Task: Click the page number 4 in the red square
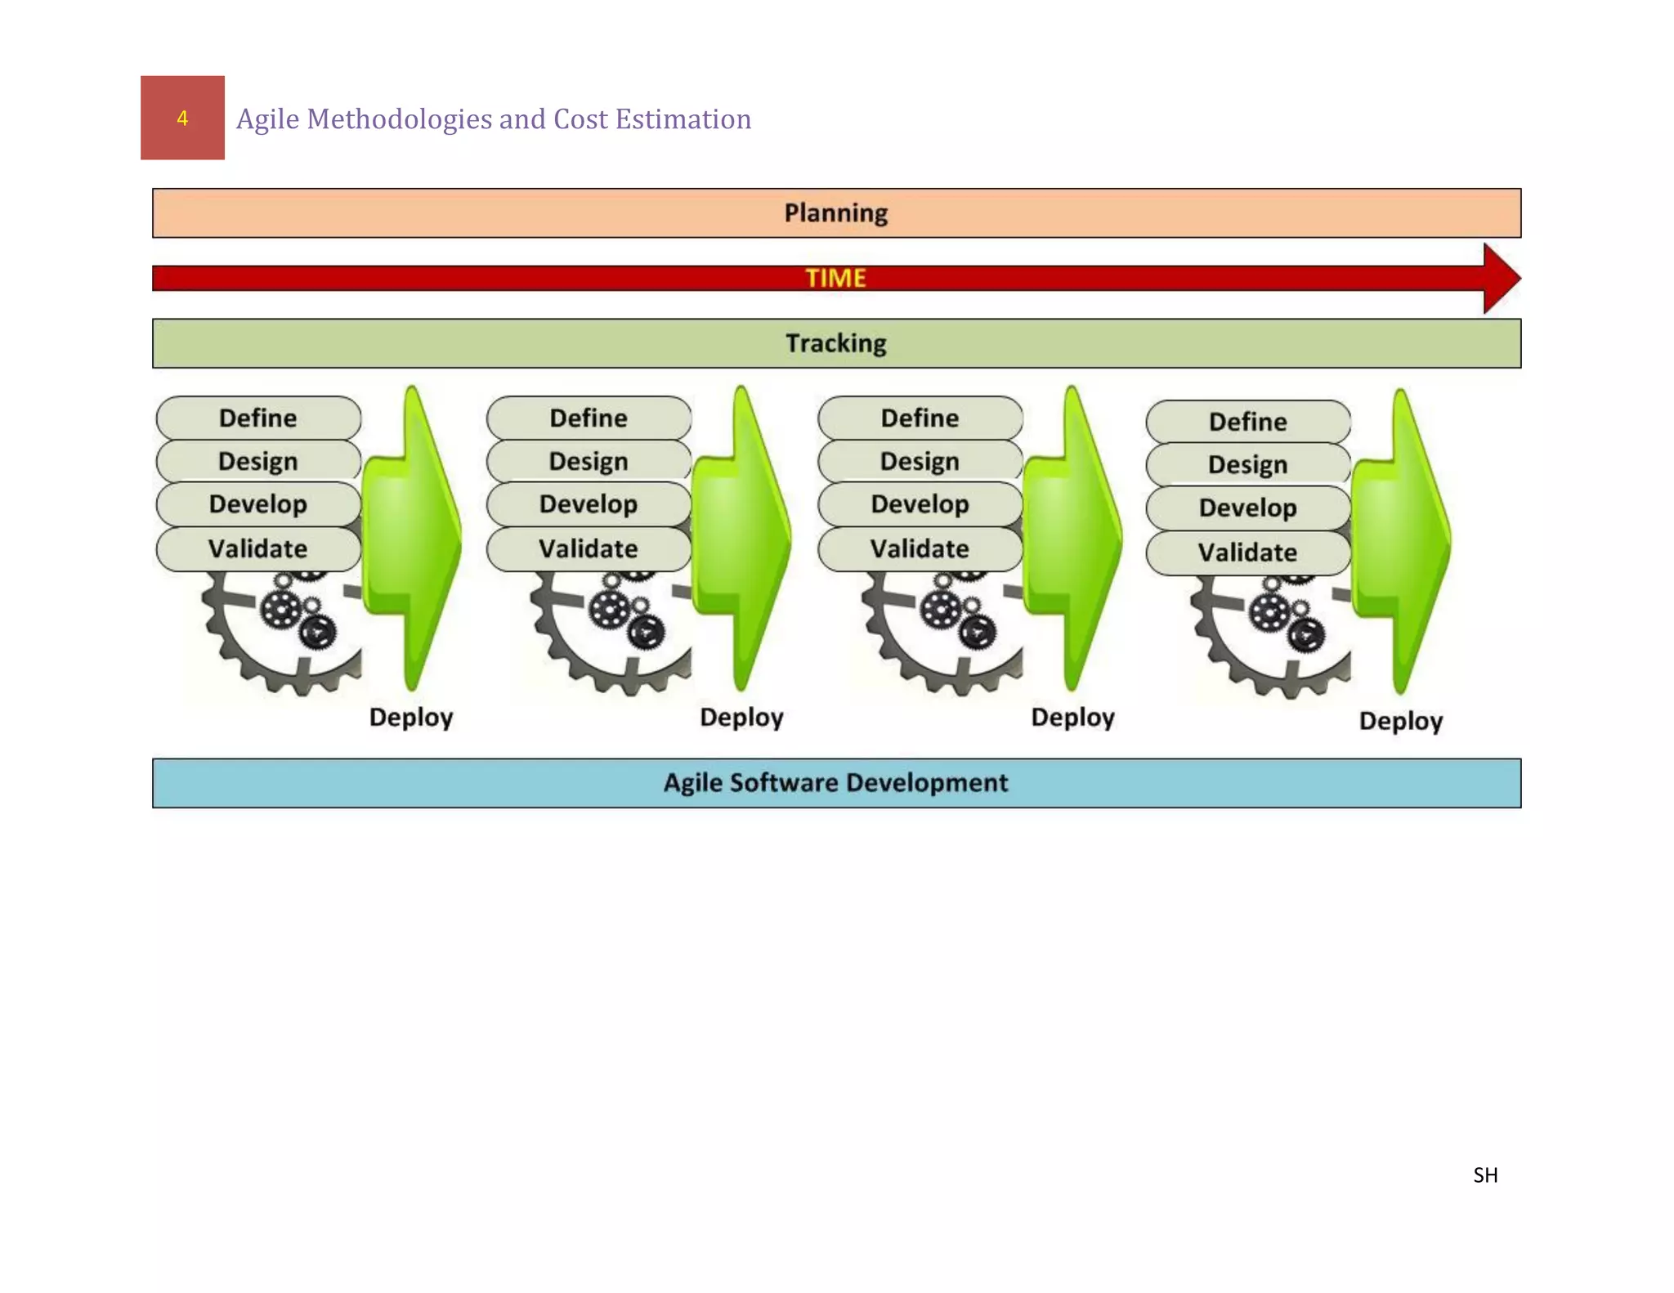coord(182,119)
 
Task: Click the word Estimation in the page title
coord(683,119)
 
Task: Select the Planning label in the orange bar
coord(835,213)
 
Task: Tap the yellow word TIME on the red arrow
coord(835,278)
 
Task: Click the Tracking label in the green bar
coord(835,343)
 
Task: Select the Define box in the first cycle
coord(258,418)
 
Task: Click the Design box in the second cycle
coord(589,461)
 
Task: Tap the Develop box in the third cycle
coord(920,504)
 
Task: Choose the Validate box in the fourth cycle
coord(1247,553)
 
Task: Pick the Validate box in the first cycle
coord(258,548)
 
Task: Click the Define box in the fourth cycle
coord(1247,422)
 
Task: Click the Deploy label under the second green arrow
coord(741,718)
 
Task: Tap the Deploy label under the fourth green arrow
coord(1400,721)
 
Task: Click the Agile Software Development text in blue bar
coord(835,783)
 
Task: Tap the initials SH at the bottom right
coord(1485,1175)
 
